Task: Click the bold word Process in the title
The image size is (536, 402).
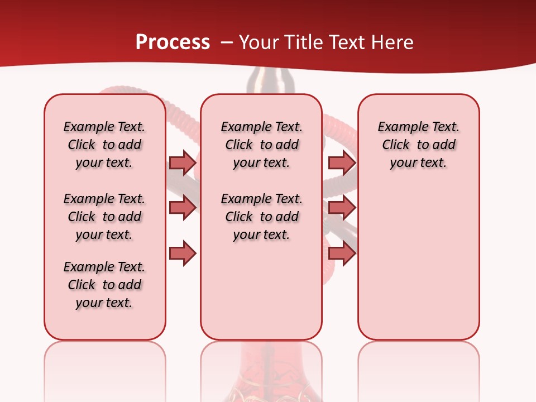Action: (173, 42)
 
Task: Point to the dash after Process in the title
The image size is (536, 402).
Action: (226, 43)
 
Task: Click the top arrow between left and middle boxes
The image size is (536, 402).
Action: (183, 162)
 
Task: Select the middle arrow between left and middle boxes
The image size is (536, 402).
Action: (183, 208)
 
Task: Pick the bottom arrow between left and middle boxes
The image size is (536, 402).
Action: (183, 253)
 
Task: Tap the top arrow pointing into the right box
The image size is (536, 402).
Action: (342, 162)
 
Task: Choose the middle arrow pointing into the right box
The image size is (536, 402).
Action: (342, 208)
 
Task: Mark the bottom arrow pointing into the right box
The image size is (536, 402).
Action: (342, 253)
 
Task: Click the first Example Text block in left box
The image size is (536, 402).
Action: (104, 145)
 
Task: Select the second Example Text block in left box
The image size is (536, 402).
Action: (104, 217)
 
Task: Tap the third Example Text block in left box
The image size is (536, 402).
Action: (104, 285)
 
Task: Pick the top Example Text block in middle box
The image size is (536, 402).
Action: (261, 145)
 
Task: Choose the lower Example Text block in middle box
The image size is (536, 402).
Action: (261, 217)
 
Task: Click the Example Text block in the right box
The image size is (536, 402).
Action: (418, 145)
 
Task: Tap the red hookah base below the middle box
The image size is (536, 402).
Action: (261, 380)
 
